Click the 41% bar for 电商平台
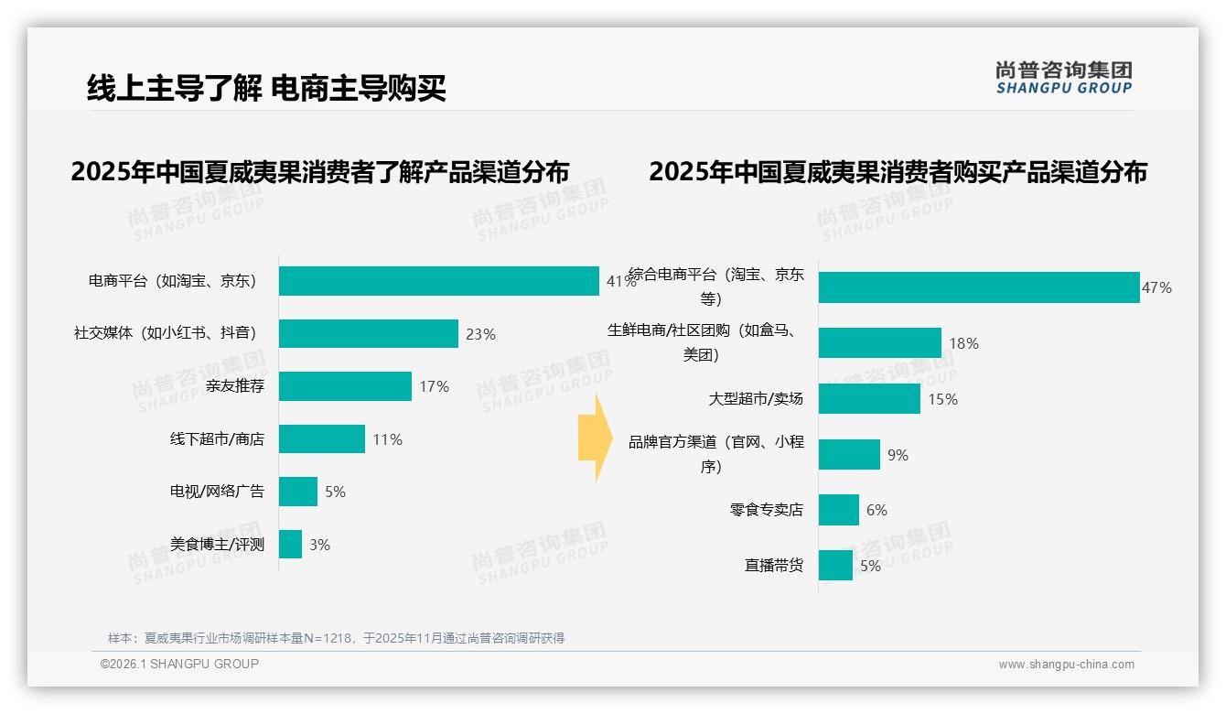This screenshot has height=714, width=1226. (x=439, y=281)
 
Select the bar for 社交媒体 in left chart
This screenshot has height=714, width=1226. (x=368, y=334)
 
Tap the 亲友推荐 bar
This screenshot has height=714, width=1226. (x=345, y=386)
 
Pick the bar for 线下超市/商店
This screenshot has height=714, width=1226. (x=321, y=439)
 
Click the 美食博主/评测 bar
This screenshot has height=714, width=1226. (x=290, y=545)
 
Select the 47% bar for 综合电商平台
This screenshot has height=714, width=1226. (x=979, y=287)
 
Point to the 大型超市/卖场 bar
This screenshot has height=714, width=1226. (x=869, y=399)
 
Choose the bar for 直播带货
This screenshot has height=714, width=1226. (x=835, y=566)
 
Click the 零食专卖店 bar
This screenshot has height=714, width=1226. (x=839, y=510)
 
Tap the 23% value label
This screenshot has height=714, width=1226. (x=480, y=334)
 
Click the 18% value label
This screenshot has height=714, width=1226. (x=963, y=343)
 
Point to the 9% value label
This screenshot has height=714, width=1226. (x=898, y=455)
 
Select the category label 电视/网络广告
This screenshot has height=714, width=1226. (x=217, y=492)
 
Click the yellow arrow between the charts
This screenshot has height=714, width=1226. (x=594, y=438)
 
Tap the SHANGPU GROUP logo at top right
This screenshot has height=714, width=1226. (x=1063, y=78)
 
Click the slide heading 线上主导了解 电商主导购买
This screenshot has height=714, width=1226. (x=266, y=88)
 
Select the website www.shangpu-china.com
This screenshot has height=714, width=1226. (x=1066, y=665)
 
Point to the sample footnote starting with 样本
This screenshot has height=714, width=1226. (x=336, y=638)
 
